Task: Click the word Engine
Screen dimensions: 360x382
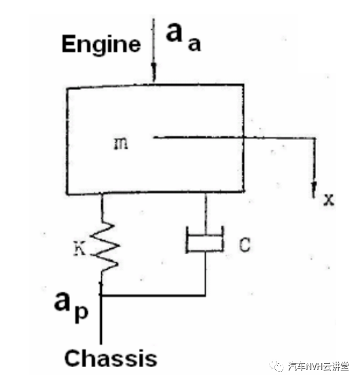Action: (101, 45)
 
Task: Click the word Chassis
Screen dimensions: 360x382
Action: (111, 358)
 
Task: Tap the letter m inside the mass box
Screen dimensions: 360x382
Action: (121, 143)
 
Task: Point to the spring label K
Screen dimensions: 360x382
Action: (79, 248)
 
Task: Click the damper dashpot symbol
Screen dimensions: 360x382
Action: (204, 239)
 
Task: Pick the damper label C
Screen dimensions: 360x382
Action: (245, 244)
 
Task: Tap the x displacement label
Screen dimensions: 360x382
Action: (328, 199)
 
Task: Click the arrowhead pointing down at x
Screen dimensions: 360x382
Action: (314, 189)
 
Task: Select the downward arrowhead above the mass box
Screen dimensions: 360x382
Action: (154, 69)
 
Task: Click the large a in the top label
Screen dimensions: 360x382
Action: (174, 33)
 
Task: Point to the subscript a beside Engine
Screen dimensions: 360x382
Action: (194, 45)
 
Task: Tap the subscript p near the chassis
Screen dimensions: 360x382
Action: (82, 314)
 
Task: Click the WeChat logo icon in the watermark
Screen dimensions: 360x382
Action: (276, 366)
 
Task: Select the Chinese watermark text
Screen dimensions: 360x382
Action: (318, 366)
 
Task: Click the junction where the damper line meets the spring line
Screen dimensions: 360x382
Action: (101, 296)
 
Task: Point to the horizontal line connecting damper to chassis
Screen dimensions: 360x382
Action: (154, 296)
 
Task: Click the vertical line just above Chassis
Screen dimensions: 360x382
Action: (101, 319)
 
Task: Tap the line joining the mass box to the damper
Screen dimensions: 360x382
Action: (206, 214)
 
